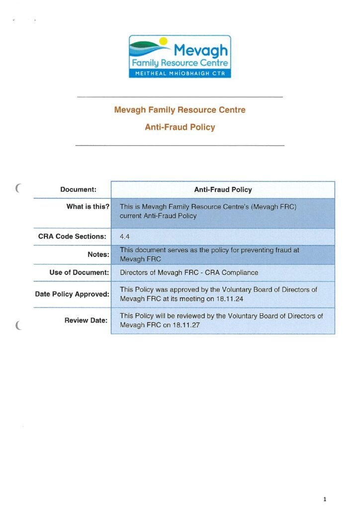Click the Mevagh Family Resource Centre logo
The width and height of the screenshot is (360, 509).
point(180,56)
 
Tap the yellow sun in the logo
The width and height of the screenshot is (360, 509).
point(162,41)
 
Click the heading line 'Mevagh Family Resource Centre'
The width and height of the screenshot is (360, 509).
point(180,109)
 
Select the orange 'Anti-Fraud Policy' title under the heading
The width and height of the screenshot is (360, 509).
point(180,127)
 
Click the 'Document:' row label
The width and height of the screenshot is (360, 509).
point(78,189)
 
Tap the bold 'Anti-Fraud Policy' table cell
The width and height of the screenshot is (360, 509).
point(223,189)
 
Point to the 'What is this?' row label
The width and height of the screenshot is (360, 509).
point(88,206)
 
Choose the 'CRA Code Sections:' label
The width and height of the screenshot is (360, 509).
point(72,236)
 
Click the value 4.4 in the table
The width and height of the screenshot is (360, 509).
point(125,237)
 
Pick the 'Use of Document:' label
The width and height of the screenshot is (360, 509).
point(79,272)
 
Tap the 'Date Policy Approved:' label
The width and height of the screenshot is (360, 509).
point(72,294)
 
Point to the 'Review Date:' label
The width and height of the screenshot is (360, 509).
point(86,320)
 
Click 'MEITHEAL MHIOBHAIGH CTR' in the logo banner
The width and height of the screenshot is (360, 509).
point(180,74)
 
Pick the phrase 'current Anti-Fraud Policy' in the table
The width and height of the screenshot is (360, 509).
point(158,216)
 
